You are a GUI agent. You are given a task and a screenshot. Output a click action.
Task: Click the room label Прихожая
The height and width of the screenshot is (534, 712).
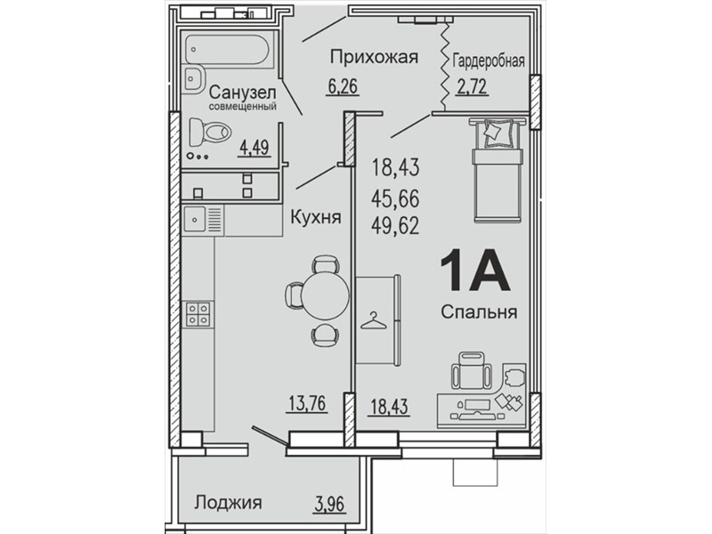tap(374, 58)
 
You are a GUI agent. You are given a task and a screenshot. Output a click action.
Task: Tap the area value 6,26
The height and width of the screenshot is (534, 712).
tap(343, 85)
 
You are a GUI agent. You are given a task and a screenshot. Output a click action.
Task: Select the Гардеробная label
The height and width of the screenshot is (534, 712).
tap(489, 61)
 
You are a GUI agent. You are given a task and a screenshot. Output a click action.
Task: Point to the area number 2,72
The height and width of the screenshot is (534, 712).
tap(473, 85)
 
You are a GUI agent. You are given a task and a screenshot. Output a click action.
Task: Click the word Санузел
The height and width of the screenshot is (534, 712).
tap(242, 93)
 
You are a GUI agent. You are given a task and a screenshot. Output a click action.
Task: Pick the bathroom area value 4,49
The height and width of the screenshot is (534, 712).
tap(255, 148)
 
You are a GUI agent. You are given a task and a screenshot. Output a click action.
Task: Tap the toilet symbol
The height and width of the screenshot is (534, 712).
tap(210, 132)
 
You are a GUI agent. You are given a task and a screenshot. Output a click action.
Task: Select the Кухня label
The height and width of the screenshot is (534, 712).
tap(316, 217)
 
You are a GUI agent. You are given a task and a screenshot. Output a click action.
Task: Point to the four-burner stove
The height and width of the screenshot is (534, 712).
tap(198, 314)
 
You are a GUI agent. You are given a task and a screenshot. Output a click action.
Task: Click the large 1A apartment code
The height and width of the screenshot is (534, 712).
tap(474, 271)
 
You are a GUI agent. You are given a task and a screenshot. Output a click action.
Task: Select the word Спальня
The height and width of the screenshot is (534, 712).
tap(480, 312)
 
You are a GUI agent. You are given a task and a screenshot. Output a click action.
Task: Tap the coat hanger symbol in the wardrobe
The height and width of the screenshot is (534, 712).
tap(373, 320)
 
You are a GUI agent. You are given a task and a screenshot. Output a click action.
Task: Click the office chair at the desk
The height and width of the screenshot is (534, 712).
tap(472, 371)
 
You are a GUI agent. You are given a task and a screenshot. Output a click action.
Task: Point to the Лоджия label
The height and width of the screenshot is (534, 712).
tap(229, 503)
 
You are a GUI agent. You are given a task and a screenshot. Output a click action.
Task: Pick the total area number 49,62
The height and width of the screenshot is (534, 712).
tap(395, 225)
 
